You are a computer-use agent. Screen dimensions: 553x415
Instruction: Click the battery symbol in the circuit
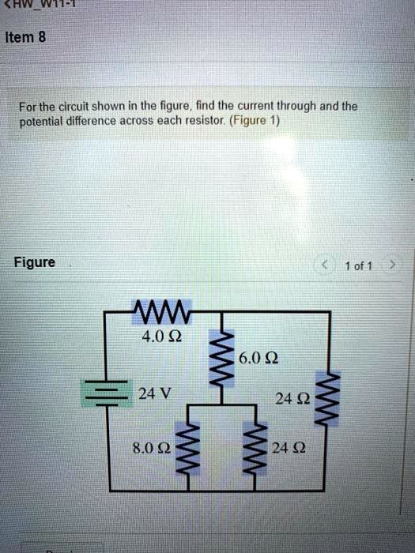[102, 393]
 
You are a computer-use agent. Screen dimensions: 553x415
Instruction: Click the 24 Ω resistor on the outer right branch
[330, 399]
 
